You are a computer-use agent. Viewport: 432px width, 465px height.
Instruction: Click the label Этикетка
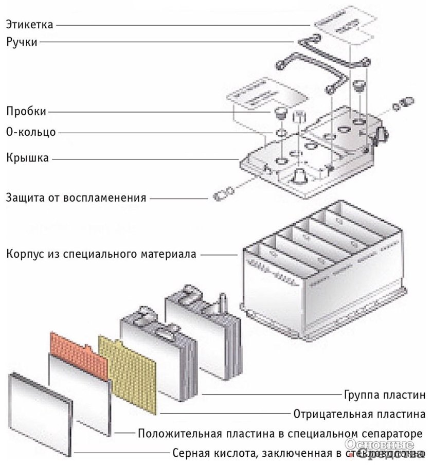tap(30, 24)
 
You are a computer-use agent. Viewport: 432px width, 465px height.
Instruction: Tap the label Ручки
tap(22, 42)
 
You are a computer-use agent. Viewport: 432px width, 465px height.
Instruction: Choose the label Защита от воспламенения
tap(76, 197)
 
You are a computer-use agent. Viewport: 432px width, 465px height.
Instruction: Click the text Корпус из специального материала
tap(101, 254)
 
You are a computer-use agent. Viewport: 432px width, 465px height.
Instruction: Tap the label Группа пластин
tap(384, 395)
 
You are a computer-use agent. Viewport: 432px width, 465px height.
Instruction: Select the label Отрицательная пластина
tap(359, 414)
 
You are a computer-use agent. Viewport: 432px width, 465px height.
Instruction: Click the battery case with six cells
tap(319, 267)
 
